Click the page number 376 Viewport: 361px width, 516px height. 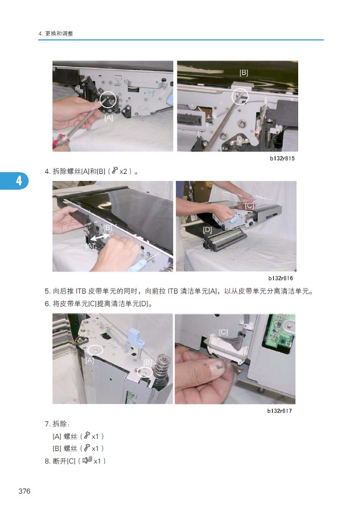(x=25, y=491)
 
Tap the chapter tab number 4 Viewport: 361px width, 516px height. (x=19, y=181)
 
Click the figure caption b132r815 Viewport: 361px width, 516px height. (x=282, y=159)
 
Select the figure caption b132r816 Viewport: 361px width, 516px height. (x=281, y=278)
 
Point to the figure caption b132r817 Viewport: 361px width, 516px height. (x=280, y=411)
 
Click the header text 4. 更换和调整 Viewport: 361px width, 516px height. (x=56, y=33)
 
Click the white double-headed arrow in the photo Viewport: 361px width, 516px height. (x=100, y=236)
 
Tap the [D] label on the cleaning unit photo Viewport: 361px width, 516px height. (x=207, y=230)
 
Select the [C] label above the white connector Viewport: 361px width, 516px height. (x=223, y=332)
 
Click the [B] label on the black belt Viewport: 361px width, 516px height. (x=244, y=72)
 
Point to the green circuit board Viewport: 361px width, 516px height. (x=278, y=331)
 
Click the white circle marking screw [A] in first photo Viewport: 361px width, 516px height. (x=108, y=99)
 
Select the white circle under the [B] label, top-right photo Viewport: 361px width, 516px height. (x=240, y=97)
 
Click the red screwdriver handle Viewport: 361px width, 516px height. (x=61, y=141)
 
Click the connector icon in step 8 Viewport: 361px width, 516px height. (x=87, y=460)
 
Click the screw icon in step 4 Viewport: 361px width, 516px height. (x=114, y=171)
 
